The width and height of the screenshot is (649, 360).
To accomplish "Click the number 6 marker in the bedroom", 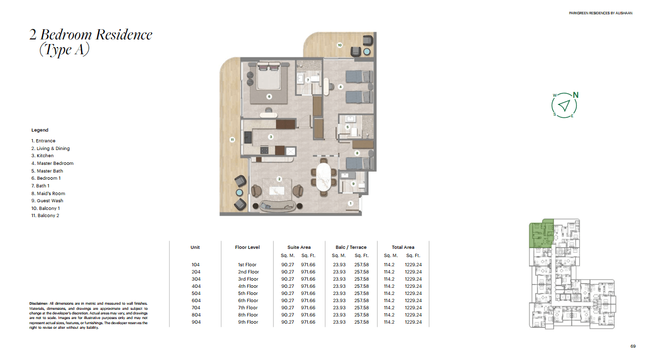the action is coord(269,96).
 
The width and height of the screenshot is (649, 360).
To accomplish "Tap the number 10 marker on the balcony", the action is coord(340,45).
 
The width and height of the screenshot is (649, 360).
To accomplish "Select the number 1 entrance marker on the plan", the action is coord(350,203).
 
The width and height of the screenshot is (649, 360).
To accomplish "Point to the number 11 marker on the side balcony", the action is coord(232,140).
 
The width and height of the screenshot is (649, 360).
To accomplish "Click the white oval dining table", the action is coord(323,177).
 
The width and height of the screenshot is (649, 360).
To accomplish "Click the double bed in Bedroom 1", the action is coord(268,76).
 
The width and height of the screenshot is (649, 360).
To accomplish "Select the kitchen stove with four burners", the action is coord(264,151).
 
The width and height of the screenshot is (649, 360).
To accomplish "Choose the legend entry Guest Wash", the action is coord(47,201).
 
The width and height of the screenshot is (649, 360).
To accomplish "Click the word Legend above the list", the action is coord(39,130).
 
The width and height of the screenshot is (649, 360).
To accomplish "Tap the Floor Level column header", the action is coord(247,247).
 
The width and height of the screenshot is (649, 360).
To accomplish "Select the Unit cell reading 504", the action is coord(196,293).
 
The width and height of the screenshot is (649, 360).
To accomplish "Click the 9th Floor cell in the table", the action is coord(248,322).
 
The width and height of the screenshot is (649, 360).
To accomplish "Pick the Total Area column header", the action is coord(403,247).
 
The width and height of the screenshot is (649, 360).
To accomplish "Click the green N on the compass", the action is coord(576,95).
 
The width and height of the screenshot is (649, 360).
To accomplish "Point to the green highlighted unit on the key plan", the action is coord(540,234).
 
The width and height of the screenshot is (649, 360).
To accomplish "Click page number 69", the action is coord(633,346).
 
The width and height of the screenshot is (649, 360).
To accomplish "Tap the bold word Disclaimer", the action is coord(38,304).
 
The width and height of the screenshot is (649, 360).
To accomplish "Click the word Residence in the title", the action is coord(124,35).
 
